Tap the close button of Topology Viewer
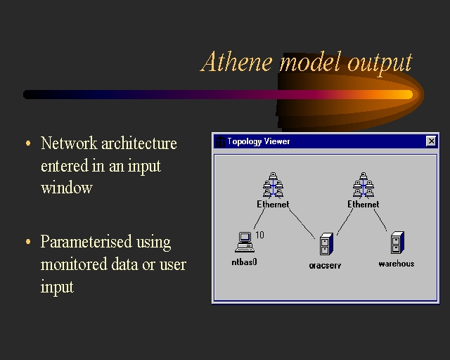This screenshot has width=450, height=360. [431, 141]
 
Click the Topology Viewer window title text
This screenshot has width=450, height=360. [259, 141]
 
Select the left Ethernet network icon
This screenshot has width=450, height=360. [273, 185]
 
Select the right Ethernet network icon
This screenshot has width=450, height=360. [363, 185]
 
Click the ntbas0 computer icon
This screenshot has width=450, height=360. [244, 242]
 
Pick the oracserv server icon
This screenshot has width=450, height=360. [325, 245]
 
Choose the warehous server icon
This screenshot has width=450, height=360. [396, 243]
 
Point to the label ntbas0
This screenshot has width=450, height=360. [245, 263]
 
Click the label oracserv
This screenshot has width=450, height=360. [325, 266]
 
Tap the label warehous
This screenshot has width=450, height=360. [397, 264]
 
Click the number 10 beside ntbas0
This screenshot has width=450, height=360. [259, 235]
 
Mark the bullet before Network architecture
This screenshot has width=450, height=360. [28, 143]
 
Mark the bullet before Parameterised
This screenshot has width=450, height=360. [28, 242]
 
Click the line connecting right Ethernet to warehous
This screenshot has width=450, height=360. [380, 220]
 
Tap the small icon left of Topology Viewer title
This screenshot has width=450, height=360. [219, 141]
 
